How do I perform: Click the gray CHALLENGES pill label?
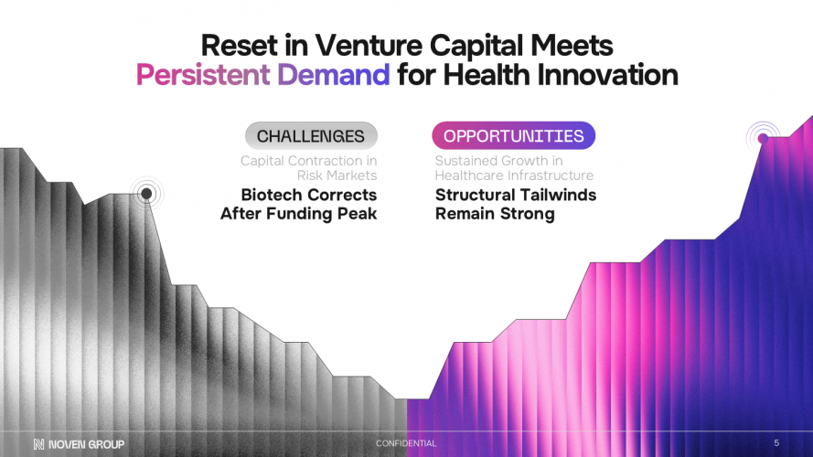click(x=311, y=136)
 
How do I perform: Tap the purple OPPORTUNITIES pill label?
click(x=513, y=136)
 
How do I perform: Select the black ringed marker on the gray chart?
click(x=145, y=193)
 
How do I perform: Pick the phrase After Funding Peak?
click(x=298, y=214)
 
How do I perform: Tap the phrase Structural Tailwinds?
click(x=515, y=195)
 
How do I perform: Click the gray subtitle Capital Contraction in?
click(x=308, y=161)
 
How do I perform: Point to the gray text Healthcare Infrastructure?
click(x=514, y=175)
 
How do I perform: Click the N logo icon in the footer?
click(x=38, y=444)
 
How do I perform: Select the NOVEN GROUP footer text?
click(x=87, y=444)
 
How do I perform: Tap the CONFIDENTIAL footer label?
click(x=406, y=443)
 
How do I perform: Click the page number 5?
click(x=776, y=443)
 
